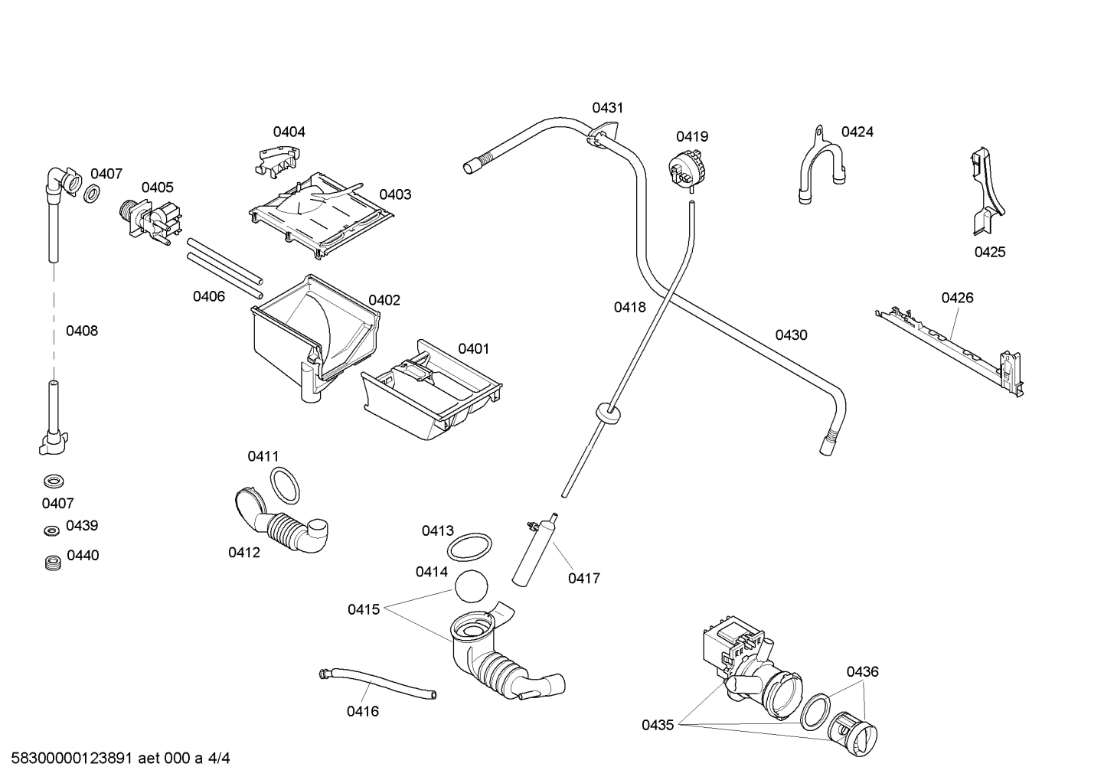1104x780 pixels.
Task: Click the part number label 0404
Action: click(289, 132)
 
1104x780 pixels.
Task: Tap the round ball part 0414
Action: click(471, 587)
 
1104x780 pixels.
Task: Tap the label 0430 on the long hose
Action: click(791, 335)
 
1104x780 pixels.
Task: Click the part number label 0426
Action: click(957, 298)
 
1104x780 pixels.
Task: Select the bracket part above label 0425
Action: click(985, 194)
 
